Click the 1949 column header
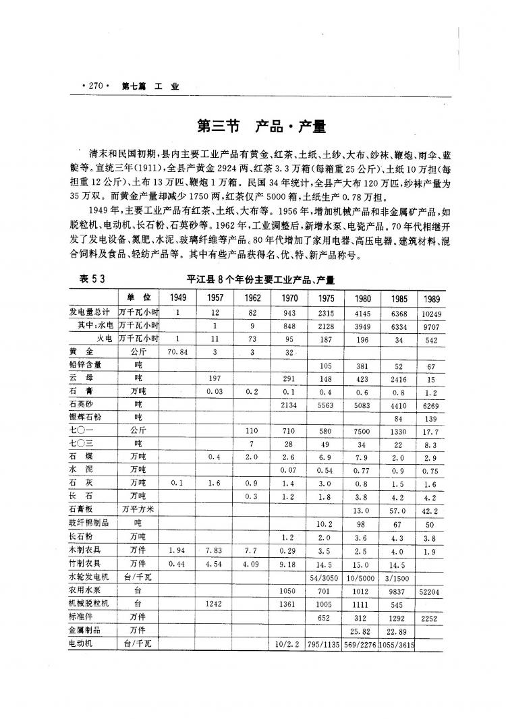[x=178, y=297]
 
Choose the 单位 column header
[x=138, y=297]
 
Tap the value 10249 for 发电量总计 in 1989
[x=430, y=313]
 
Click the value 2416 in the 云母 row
[x=396, y=378]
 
